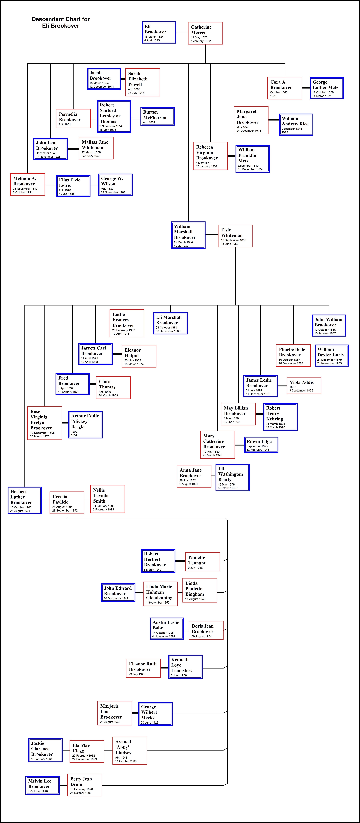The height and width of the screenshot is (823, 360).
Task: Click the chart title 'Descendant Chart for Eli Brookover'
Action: tap(61, 22)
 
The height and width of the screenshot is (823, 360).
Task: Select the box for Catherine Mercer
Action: tap(205, 33)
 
